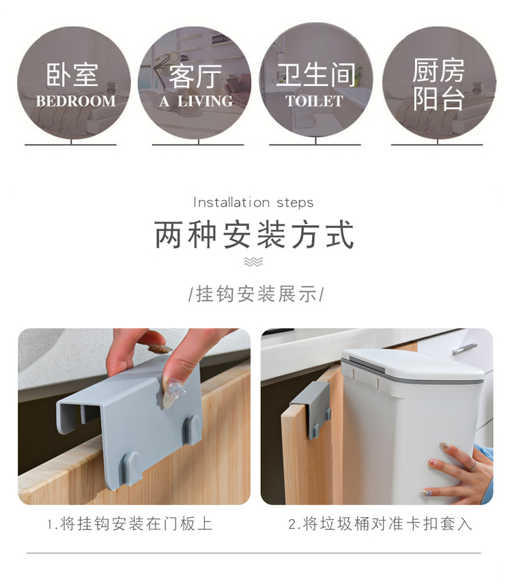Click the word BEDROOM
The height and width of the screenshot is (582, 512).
(x=76, y=101)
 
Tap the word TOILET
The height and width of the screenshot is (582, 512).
(x=315, y=101)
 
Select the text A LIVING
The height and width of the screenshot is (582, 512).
(x=197, y=101)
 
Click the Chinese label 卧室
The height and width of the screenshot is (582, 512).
(x=72, y=74)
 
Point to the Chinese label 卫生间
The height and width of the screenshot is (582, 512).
(x=316, y=74)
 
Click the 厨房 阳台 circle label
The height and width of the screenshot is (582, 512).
(x=438, y=84)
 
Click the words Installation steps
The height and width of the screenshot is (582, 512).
(x=253, y=203)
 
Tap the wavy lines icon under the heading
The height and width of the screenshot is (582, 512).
(x=254, y=262)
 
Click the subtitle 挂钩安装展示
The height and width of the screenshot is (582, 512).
(x=256, y=294)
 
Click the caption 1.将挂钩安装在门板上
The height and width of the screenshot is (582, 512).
(x=130, y=524)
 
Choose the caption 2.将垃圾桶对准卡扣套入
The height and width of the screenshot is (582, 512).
(x=380, y=524)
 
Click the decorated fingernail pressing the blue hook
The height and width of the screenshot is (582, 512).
(x=171, y=394)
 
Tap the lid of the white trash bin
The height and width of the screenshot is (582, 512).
(x=413, y=365)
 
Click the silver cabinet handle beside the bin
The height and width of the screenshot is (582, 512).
(x=464, y=349)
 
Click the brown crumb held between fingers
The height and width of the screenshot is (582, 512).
(x=160, y=349)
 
